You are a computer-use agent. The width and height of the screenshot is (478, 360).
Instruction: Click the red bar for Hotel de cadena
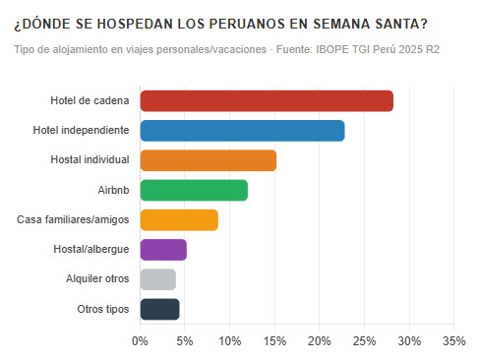point(267,101)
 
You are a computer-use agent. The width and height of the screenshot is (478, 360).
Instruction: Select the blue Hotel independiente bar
point(242,131)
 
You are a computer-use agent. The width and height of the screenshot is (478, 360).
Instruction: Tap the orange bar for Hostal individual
point(209,160)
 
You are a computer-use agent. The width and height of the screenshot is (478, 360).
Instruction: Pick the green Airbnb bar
point(194,190)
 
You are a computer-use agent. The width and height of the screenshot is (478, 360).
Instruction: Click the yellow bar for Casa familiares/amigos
point(179,220)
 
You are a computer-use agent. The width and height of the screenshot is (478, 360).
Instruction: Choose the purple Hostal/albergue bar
point(163,250)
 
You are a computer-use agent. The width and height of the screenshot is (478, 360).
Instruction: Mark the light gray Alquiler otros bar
point(158,279)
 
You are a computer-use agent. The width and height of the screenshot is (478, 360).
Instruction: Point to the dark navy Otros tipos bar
point(160,309)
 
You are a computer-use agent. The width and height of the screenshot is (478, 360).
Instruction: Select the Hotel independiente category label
point(82,131)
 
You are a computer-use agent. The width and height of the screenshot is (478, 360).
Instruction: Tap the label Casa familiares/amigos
point(74,220)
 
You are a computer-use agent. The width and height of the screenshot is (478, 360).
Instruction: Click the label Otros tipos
point(103,309)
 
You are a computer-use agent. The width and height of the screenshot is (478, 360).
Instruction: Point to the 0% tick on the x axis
point(141,340)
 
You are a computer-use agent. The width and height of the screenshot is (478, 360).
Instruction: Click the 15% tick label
point(274,340)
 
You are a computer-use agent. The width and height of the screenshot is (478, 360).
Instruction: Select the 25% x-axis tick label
point(364,340)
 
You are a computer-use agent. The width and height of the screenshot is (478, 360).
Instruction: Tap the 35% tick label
point(453,340)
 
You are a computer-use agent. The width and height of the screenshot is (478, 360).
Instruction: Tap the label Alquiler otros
point(97,279)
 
